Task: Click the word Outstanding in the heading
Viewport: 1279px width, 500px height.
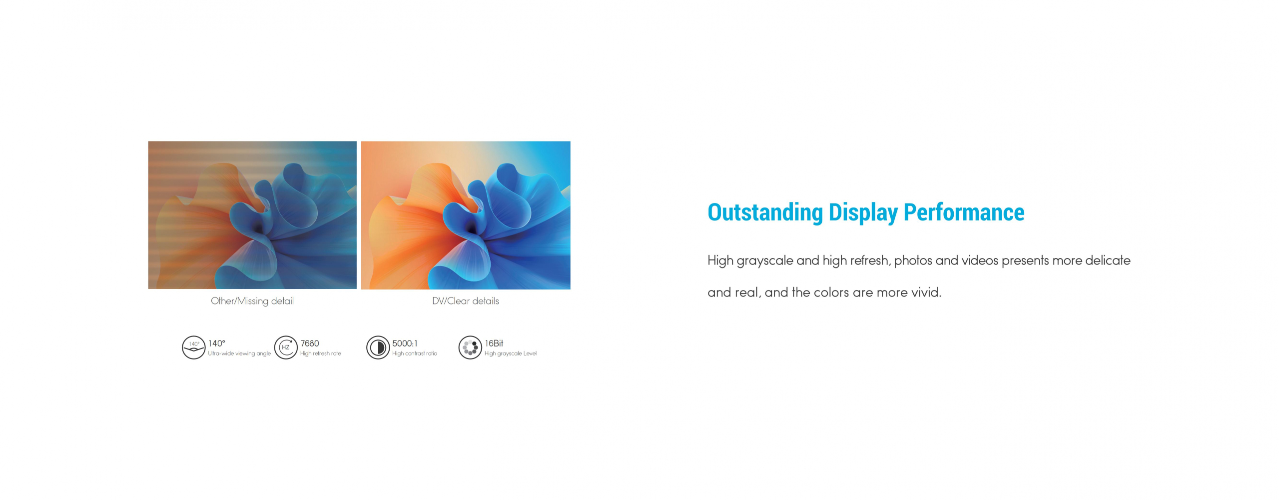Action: click(765, 212)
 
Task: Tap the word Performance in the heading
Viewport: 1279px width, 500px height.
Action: click(964, 212)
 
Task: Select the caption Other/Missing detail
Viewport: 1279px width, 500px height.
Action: click(252, 301)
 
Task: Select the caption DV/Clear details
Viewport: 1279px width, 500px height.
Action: click(466, 301)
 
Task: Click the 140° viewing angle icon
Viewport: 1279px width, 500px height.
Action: click(193, 347)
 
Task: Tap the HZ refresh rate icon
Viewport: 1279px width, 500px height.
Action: click(286, 347)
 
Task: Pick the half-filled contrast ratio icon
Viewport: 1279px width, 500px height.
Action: click(378, 347)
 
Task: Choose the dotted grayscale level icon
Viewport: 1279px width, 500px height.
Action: click(470, 347)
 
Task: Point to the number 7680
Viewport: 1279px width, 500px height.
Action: click(310, 343)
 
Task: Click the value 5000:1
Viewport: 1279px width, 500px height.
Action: click(405, 343)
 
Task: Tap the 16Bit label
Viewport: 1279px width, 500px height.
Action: click(494, 343)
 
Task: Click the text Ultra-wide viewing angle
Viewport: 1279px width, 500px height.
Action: click(239, 353)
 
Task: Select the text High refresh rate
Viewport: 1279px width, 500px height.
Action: click(321, 353)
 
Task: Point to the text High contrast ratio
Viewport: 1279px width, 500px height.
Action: click(415, 353)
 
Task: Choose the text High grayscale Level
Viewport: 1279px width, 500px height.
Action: click(511, 353)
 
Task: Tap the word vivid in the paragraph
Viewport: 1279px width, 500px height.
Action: click(927, 292)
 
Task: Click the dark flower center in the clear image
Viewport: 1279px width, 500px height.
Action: click(471, 228)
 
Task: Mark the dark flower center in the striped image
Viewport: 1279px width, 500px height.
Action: click(258, 228)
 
